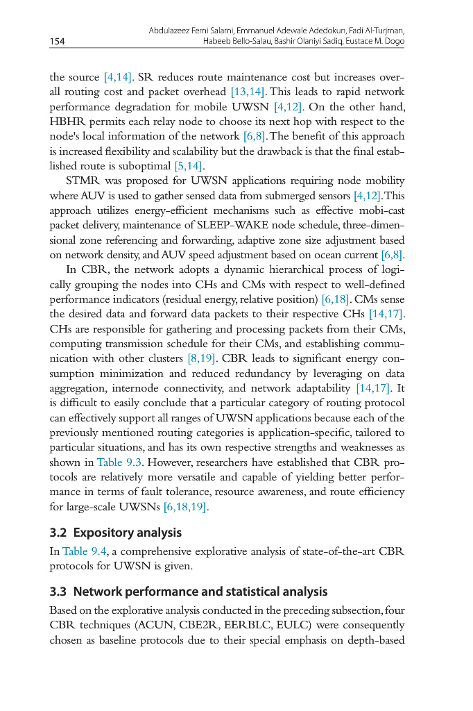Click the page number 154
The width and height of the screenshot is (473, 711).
point(57,42)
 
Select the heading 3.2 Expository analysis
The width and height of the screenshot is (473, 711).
point(116,533)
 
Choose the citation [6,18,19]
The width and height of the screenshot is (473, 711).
point(185,508)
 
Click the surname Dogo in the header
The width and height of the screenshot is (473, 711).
point(393,41)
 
